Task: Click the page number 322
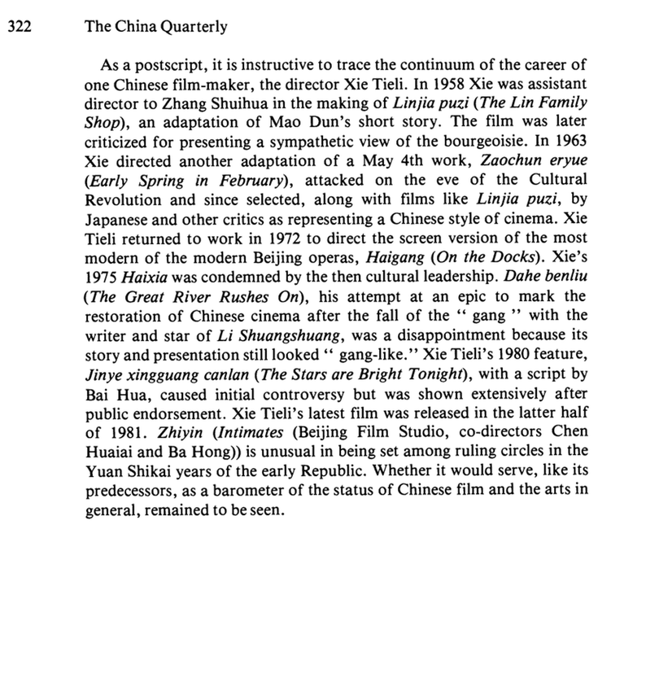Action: [x=19, y=27]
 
